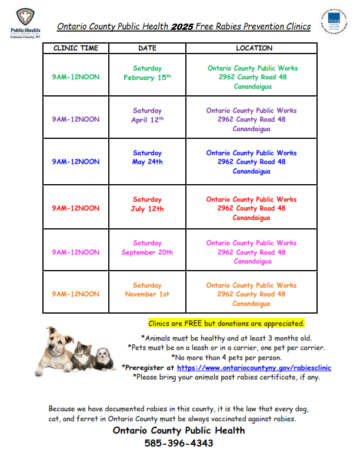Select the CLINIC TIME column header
point(76,48)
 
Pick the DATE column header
point(147,48)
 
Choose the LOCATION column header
point(254,48)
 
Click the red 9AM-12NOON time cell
point(76,208)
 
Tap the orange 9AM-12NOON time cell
point(76,294)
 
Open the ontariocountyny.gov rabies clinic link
point(254,368)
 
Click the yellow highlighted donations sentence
point(226,324)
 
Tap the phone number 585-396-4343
point(179,443)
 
